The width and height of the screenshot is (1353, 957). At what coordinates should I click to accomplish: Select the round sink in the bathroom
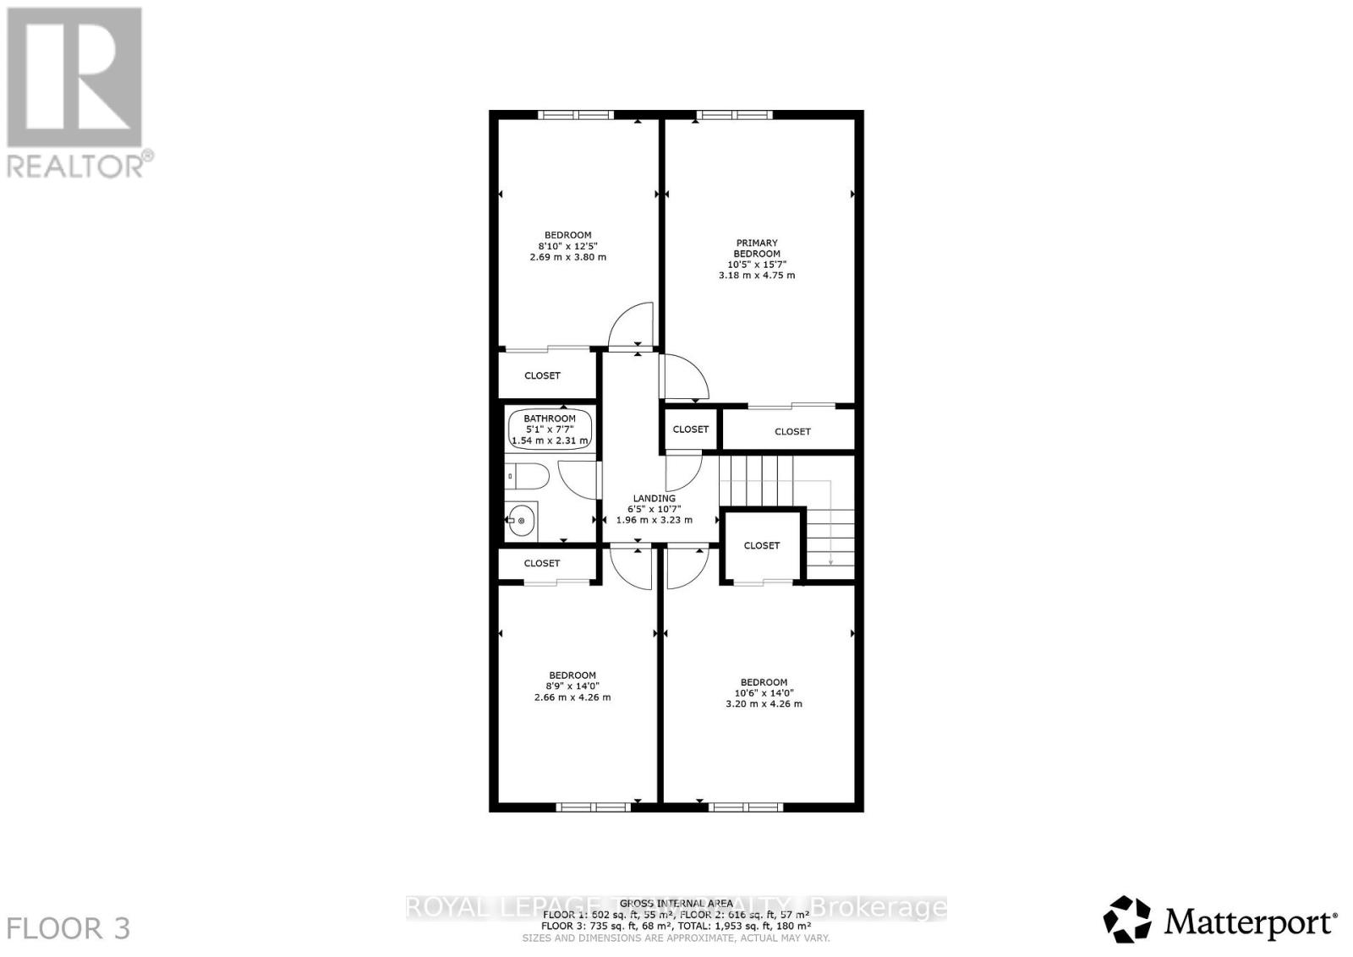coord(521,521)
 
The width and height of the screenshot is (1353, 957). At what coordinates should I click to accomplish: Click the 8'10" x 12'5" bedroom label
coord(567,246)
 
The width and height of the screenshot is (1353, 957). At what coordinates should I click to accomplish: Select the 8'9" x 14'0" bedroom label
coord(572,686)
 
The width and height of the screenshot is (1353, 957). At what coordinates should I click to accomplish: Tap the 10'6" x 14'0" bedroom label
coord(764,692)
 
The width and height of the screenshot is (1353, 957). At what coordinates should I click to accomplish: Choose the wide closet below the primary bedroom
coord(792,431)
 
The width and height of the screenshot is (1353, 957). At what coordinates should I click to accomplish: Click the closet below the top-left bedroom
coord(542,375)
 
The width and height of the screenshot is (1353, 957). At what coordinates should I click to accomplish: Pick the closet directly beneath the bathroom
coord(542,563)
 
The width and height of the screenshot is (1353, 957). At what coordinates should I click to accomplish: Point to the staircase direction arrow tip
coord(831,563)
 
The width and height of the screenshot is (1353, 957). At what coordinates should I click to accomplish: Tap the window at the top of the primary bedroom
coord(734,115)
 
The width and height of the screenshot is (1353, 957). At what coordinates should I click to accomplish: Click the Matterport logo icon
coord(1127,919)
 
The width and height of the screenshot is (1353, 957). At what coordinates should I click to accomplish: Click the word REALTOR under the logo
coord(76,164)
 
